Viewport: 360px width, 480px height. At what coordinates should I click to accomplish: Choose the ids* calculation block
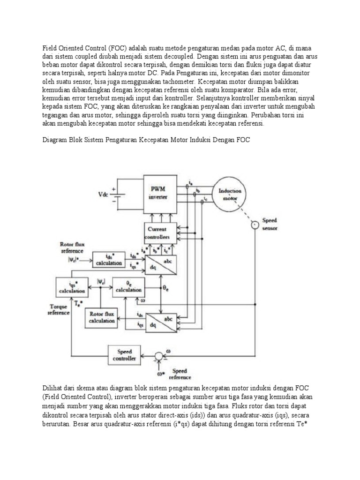coord(109,260)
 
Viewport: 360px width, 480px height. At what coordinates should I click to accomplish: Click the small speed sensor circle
coord(254,225)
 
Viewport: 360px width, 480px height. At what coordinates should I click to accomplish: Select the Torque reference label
coord(59,309)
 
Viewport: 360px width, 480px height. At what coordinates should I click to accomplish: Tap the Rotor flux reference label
coord(73,247)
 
